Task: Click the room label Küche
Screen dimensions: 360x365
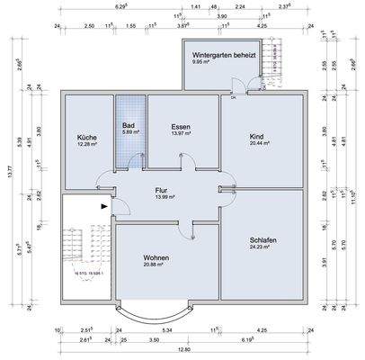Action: point(86,137)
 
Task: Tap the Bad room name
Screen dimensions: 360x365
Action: point(129,126)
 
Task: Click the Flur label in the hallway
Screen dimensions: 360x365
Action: point(163,190)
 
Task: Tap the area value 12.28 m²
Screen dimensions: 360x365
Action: point(86,144)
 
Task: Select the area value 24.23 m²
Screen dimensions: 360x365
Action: point(263,247)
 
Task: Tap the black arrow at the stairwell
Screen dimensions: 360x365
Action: point(107,206)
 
